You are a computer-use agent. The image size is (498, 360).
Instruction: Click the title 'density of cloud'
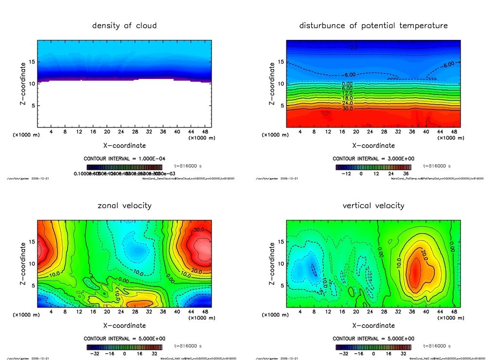pos(124,25)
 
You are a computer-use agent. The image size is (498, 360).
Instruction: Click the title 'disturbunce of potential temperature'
pos(373,25)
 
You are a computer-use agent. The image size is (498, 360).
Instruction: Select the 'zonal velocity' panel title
pos(124,205)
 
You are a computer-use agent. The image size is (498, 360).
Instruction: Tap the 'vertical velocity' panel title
pos(373,205)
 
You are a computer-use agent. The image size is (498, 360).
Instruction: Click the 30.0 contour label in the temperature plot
pos(347,108)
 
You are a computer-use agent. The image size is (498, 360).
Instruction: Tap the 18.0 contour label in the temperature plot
pos(347,98)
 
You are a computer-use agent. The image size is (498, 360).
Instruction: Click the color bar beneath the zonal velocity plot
pos(124,347)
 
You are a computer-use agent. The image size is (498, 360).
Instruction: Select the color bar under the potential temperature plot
pos(373,167)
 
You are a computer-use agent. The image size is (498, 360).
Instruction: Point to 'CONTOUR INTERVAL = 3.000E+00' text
pos(373,159)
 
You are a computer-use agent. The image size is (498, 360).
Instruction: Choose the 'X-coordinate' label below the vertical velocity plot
pos(373,325)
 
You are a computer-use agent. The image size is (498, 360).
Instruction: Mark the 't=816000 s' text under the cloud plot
pos(188,166)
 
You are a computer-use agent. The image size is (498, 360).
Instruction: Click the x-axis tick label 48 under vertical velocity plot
pos(454,312)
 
